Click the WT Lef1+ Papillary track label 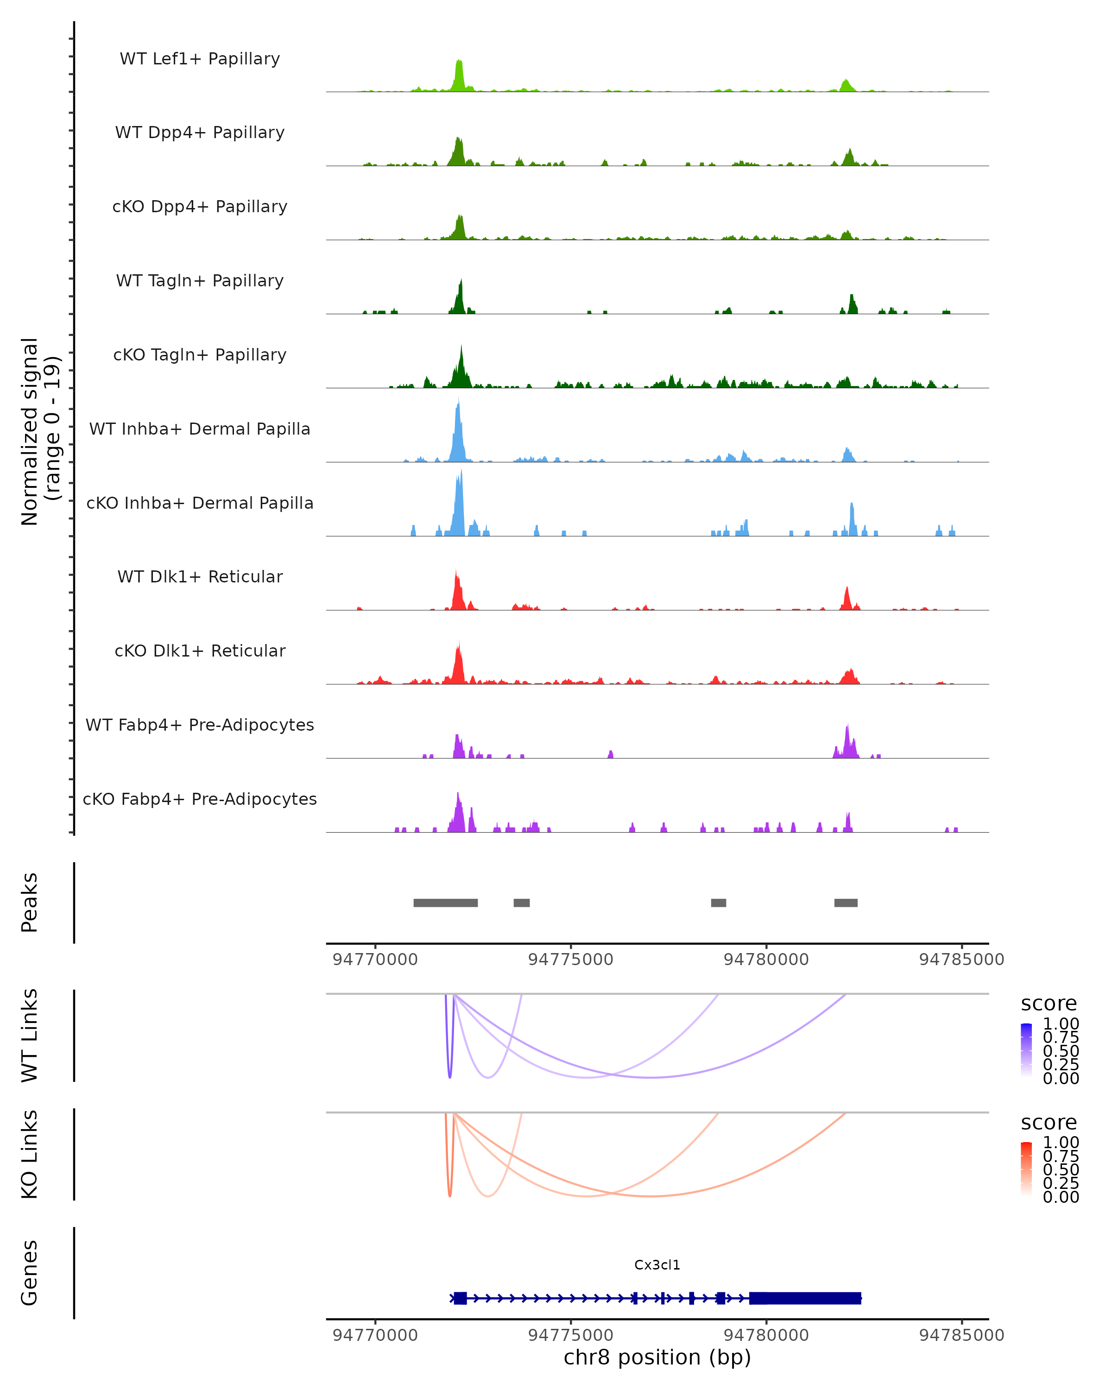click(200, 59)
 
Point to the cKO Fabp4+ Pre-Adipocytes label click(200, 799)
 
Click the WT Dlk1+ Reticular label click(200, 576)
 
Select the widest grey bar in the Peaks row click(445, 903)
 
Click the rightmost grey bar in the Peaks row click(846, 903)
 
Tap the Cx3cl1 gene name click(657, 1265)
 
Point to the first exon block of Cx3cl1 click(460, 1298)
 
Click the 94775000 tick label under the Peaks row click(570, 960)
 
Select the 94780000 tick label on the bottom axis click(766, 1335)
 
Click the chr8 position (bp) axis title click(657, 1357)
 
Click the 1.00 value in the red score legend click(1061, 1143)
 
